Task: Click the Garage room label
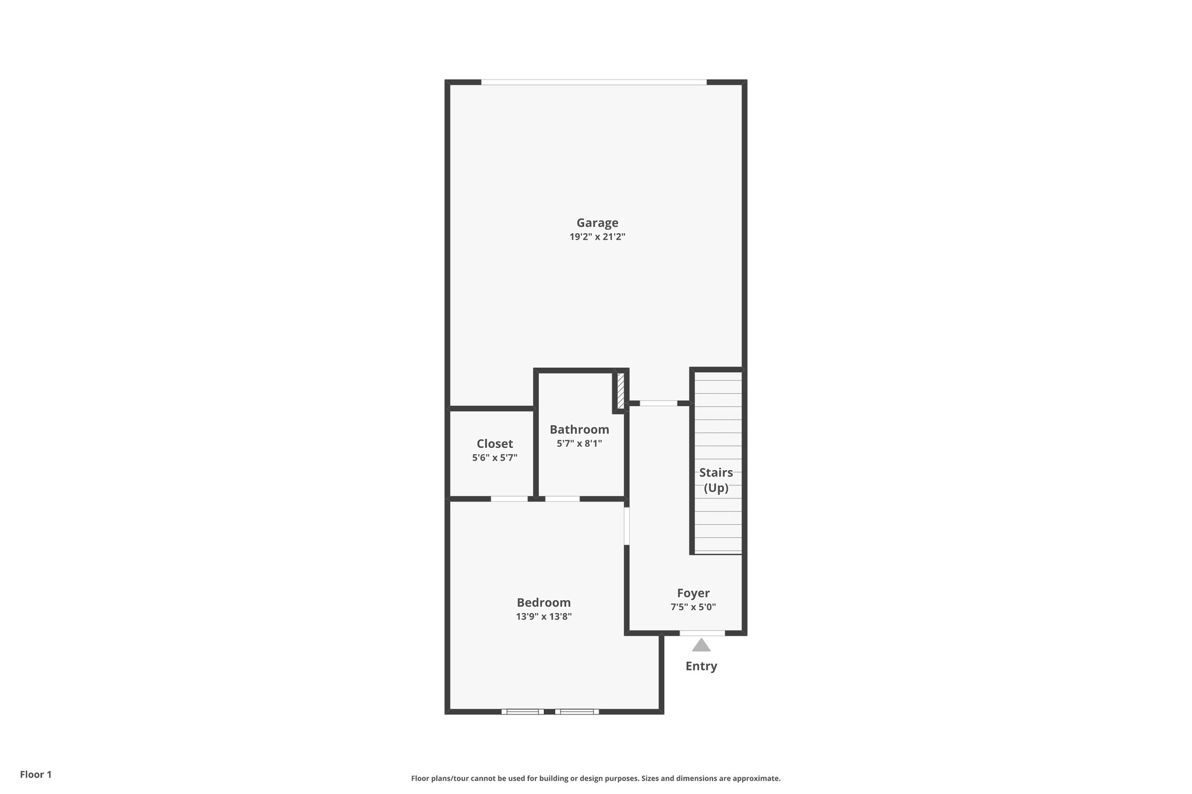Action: [597, 223]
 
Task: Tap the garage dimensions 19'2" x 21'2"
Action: [597, 237]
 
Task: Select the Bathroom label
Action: [579, 430]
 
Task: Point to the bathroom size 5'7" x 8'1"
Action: [579, 444]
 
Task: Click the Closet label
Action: [495, 444]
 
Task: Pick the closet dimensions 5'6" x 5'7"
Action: [495, 458]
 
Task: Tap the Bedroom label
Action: [544, 603]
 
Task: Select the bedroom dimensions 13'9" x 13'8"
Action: [544, 617]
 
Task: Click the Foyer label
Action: [693, 593]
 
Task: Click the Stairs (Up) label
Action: [716, 480]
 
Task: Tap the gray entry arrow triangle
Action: [701, 646]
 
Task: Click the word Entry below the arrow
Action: [701, 667]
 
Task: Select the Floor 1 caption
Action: [36, 774]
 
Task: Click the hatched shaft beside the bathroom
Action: [620, 391]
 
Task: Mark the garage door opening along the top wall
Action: [594, 83]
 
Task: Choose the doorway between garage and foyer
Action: [658, 403]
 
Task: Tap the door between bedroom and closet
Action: [509, 499]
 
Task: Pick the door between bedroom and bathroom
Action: [562, 499]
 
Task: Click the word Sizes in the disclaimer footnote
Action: [654, 778]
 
